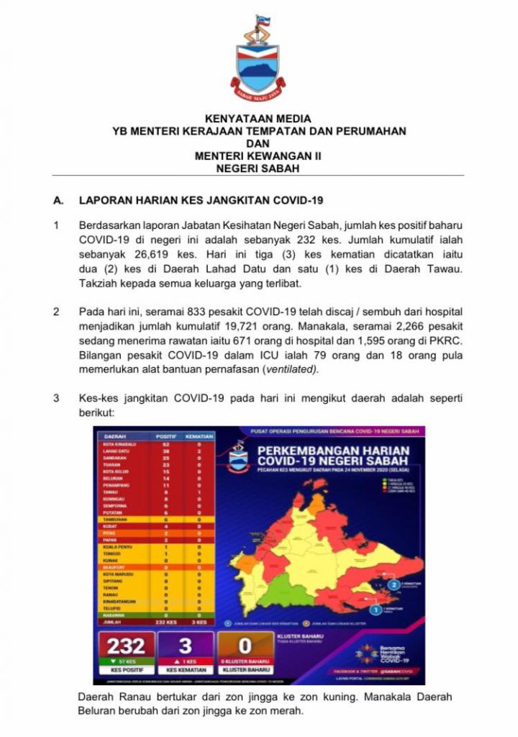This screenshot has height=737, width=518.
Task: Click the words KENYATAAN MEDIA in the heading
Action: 258,118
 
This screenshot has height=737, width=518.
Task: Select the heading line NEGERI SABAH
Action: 258,168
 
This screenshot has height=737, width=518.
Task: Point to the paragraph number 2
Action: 58,312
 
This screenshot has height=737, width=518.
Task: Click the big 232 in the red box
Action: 126,646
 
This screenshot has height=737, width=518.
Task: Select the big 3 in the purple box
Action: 186,646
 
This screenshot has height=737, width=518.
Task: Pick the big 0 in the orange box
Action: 245,646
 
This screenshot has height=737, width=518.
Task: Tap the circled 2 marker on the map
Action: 394,584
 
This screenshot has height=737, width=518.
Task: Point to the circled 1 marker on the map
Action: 375,610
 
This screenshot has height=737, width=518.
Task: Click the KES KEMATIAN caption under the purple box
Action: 186,670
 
